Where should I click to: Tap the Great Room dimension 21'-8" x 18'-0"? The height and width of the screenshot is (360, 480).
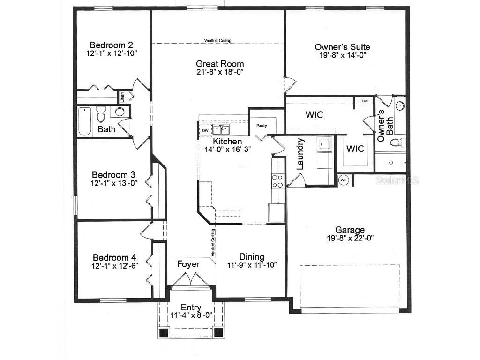click(220, 72)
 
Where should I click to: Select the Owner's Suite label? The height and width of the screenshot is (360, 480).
click(342, 47)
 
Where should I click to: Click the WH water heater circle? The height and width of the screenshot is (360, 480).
click(344, 180)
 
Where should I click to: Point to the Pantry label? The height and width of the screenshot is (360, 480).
click(261, 126)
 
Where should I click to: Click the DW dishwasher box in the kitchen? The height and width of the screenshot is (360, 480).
click(205, 130)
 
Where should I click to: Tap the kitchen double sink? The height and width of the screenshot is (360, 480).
click(220, 129)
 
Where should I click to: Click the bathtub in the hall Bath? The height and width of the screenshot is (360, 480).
click(84, 122)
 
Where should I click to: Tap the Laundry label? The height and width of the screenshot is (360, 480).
click(300, 154)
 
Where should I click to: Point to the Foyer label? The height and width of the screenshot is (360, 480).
click(188, 264)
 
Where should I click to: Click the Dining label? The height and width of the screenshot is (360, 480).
click(252, 257)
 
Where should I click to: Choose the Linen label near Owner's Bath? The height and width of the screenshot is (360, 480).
click(364, 101)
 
